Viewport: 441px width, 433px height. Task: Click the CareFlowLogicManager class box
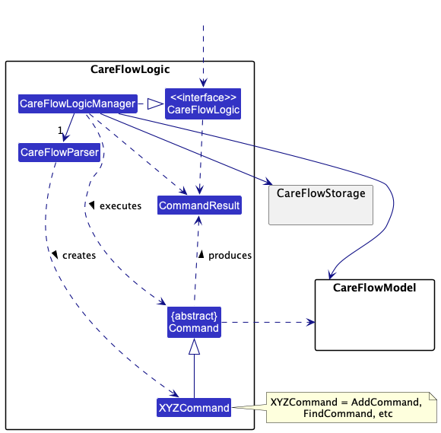coord(78,104)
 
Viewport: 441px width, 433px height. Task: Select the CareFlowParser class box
coord(59,152)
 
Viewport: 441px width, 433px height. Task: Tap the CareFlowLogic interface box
coord(203,103)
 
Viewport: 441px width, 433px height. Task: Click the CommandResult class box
coord(199,205)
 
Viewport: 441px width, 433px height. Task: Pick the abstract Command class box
coord(194,322)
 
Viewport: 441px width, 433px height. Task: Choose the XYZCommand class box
coord(194,407)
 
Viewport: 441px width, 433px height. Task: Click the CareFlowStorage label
coord(321,193)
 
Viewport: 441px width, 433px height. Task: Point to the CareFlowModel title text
coord(374,288)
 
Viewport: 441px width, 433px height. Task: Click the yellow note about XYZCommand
coord(351,407)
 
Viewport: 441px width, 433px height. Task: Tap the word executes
coord(120,206)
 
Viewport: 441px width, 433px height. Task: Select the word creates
coord(79,256)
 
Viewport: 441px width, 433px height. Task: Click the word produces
coord(230,256)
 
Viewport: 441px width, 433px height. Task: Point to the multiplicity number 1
coord(60,130)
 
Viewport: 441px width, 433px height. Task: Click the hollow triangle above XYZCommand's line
coord(194,346)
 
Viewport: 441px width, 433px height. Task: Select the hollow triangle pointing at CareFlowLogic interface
coord(155,104)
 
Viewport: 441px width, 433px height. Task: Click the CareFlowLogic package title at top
coord(130,69)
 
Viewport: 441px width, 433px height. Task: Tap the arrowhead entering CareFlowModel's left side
coord(311,322)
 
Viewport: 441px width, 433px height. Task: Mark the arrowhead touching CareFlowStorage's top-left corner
coord(268,182)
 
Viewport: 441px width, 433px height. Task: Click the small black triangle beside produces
coord(201,254)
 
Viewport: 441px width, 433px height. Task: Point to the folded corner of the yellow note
coord(433,396)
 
